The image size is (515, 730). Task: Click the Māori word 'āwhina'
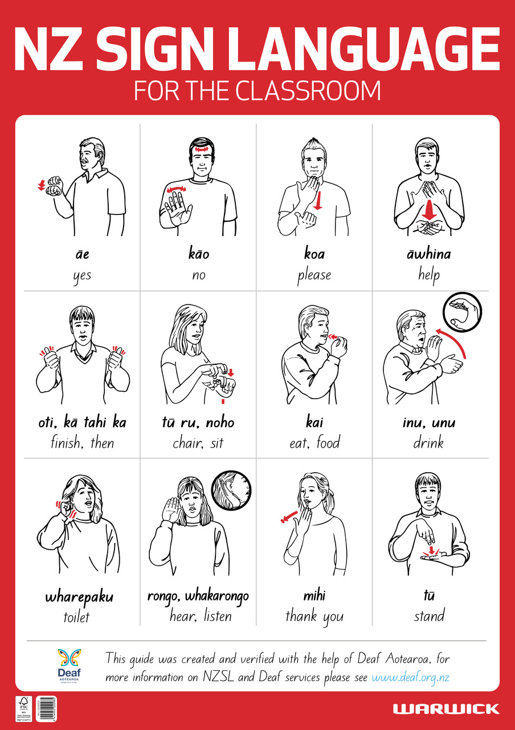428,254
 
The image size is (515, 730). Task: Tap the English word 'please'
313,275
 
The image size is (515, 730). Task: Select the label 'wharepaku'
79,598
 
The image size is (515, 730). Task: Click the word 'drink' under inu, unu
428,442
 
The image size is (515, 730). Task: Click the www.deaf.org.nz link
411,678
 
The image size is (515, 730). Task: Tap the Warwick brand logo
445,709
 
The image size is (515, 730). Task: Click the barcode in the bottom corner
47,709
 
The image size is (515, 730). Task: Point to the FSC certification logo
23,708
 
